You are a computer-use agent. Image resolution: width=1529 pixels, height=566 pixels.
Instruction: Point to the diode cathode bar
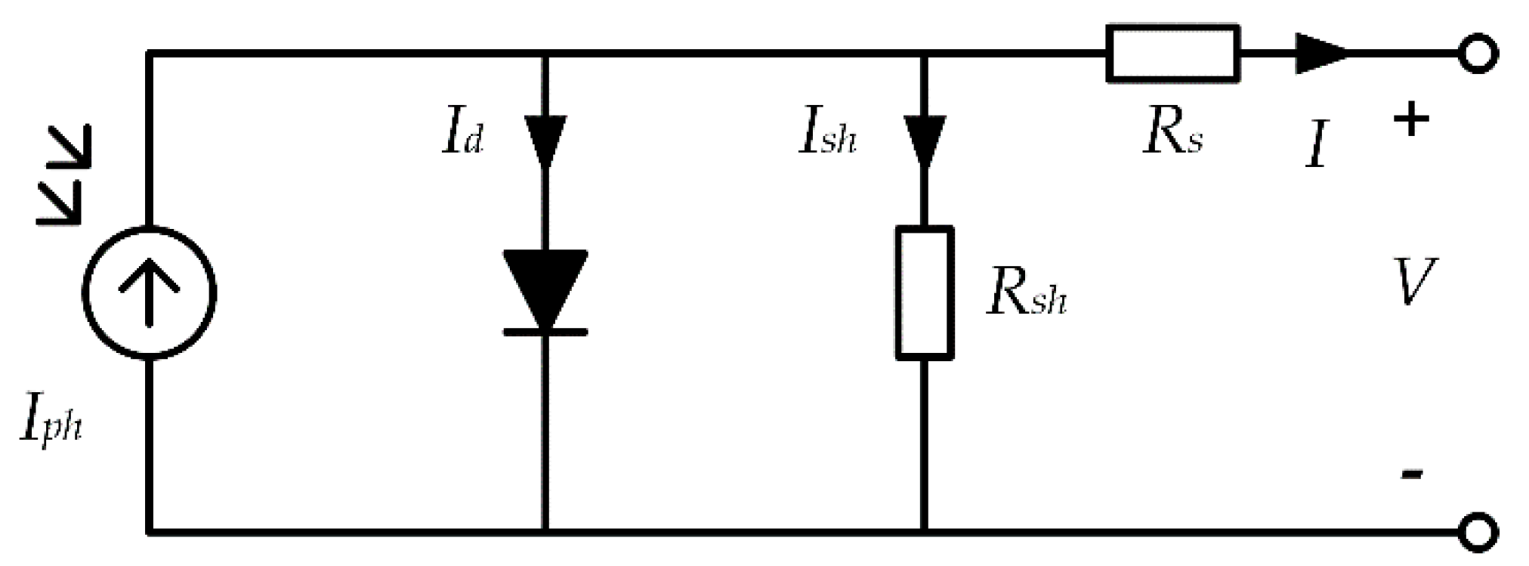545,332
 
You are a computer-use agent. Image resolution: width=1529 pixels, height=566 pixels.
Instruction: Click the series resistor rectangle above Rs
1172,53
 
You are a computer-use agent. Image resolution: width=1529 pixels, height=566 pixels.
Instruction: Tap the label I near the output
1317,145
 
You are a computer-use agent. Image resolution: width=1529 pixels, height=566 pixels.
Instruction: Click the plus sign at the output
1411,120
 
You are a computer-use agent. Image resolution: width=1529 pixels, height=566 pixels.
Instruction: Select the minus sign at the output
1411,475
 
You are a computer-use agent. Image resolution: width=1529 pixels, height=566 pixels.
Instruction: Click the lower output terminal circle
1478,531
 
